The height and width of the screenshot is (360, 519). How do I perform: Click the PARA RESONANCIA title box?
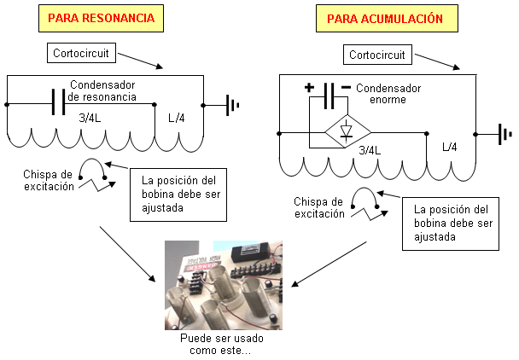pyautogui.click(x=101, y=18)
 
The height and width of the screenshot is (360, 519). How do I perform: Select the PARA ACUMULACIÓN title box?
pyautogui.click(x=387, y=18)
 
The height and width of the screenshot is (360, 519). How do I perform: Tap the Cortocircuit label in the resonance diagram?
pyautogui.click(x=81, y=53)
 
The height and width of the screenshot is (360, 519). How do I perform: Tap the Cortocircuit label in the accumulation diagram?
pyautogui.click(x=377, y=55)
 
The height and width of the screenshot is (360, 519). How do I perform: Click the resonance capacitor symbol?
pyautogui.click(x=58, y=102)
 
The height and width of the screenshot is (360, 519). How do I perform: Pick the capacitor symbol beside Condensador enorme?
pyautogui.click(x=329, y=96)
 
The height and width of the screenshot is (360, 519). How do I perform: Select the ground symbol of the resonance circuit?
pyautogui.click(x=232, y=105)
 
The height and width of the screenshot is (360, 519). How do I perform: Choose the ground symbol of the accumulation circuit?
pyautogui.click(x=505, y=134)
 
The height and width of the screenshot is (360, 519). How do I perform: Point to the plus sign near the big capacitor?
pyautogui.click(x=309, y=88)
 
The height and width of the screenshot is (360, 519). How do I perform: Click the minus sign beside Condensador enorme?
pyautogui.click(x=346, y=87)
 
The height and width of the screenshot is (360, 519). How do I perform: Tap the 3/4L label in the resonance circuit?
pyautogui.click(x=90, y=118)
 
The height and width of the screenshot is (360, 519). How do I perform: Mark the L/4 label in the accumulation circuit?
pyautogui.click(x=450, y=147)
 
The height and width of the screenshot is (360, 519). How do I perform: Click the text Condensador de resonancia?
pyautogui.click(x=102, y=90)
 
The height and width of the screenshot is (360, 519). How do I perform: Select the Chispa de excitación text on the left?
pyautogui.click(x=49, y=180)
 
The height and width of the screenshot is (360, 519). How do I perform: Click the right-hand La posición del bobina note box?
pyautogui.click(x=451, y=224)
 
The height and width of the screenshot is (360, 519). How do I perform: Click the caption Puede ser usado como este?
pyautogui.click(x=221, y=344)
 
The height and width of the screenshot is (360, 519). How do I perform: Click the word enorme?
pyautogui.click(x=388, y=100)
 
